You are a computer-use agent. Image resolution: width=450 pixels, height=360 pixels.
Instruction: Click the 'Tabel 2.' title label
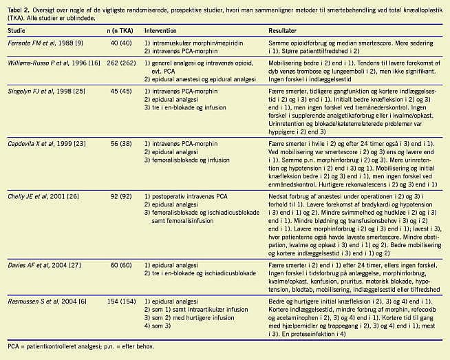[21, 6]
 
